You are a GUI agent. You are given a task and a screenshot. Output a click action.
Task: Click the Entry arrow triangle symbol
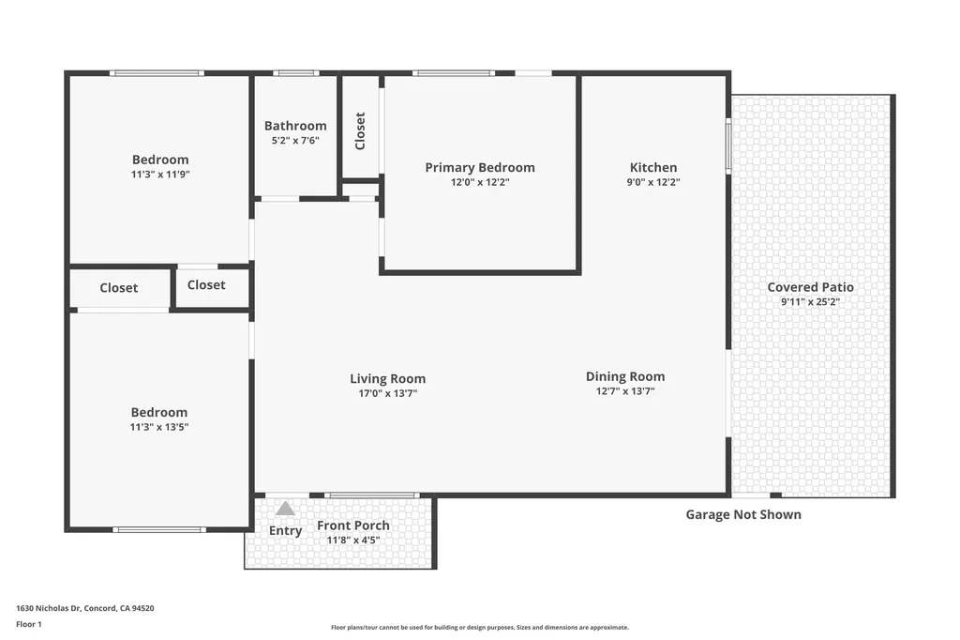[x=285, y=509]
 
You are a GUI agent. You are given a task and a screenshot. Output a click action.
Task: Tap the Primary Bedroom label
[x=480, y=168]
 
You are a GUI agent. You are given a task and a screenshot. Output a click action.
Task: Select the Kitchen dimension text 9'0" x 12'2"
[x=653, y=183]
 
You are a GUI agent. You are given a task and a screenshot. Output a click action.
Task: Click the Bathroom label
[x=295, y=126]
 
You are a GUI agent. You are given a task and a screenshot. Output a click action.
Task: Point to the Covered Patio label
[x=810, y=287]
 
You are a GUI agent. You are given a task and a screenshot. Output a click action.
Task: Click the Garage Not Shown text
[x=743, y=514]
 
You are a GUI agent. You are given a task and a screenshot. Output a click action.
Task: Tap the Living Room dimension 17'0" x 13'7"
[x=387, y=394]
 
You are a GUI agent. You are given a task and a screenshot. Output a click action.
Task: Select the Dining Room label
[x=625, y=376]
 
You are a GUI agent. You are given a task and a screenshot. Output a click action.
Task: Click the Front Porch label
[x=352, y=526]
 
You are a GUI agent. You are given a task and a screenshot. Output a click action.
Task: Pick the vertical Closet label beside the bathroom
[x=360, y=131]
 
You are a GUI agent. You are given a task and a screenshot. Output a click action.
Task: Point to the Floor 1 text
[x=29, y=624]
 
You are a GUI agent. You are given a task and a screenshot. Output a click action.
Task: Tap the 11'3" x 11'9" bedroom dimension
[x=160, y=175]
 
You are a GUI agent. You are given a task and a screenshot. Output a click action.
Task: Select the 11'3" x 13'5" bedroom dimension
[x=159, y=427]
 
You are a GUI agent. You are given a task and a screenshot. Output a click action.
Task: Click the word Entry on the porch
[x=286, y=531]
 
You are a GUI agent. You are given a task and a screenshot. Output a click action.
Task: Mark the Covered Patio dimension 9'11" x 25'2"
[x=810, y=302]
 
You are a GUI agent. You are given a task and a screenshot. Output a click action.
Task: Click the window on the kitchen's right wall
[x=728, y=145]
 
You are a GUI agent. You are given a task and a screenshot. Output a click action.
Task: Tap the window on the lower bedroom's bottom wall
[x=159, y=530]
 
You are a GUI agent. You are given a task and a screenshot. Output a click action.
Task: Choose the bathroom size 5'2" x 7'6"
[x=295, y=141]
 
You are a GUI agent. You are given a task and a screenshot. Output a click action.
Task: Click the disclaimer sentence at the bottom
[x=479, y=628]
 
